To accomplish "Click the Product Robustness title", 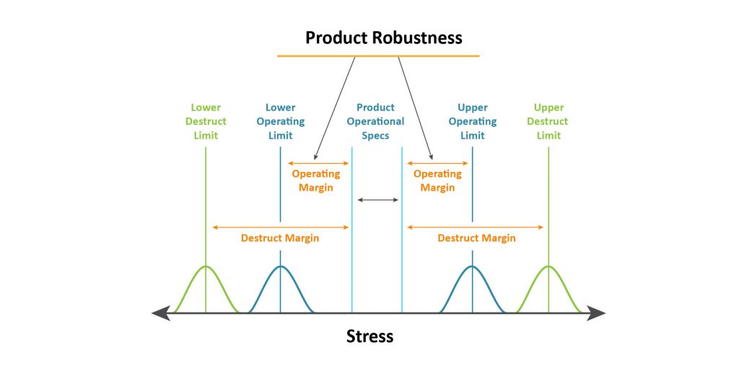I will (x=383, y=38).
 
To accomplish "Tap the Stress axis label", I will (x=369, y=336).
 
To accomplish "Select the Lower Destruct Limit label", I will (x=206, y=121).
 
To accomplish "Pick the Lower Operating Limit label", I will (x=281, y=121).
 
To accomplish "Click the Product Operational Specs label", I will (x=376, y=121).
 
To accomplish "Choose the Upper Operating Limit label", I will (x=473, y=121).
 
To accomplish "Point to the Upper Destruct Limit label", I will (x=548, y=121).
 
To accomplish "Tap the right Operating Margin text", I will (x=437, y=180).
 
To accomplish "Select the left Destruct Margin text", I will (x=280, y=238).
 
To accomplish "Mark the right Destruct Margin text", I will (x=476, y=238).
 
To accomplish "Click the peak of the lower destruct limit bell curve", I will (x=206, y=266).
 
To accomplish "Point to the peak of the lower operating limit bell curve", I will (x=281, y=266).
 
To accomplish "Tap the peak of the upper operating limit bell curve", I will (x=473, y=266).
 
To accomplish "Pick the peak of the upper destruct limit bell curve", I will (x=548, y=266).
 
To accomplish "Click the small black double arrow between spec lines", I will (x=377, y=199).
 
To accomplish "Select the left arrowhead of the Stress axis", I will (x=161, y=313).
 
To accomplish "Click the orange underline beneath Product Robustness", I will (x=378, y=56).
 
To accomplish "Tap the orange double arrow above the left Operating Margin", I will (x=318, y=163).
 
